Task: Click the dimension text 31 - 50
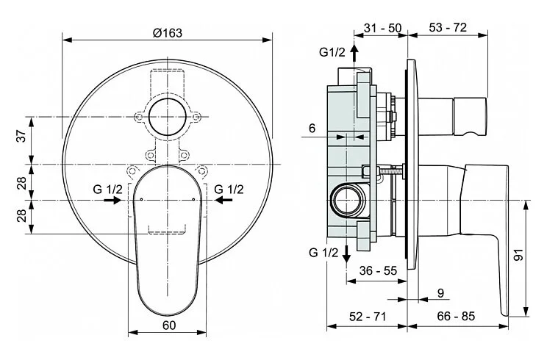coord(382,28)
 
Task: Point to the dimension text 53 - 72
coord(447,28)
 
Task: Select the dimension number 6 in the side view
coord(312,128)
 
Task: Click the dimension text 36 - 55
coord(378,270)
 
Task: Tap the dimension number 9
coord(440,292)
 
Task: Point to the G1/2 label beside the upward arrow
coord(332,51)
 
